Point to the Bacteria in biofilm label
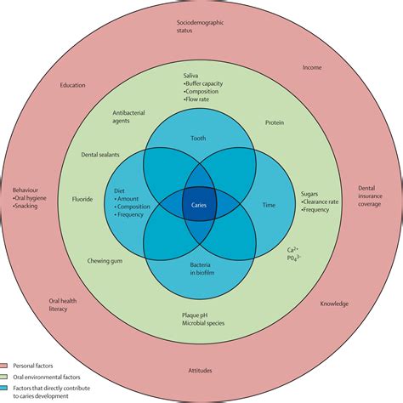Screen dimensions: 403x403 point(201,265)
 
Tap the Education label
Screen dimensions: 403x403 point(72,85)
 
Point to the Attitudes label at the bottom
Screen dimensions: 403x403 point(201,370)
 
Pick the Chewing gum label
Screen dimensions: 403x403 point(105,262)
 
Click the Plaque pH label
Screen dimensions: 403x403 point(201,315)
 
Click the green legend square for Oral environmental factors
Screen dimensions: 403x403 point(6,375)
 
